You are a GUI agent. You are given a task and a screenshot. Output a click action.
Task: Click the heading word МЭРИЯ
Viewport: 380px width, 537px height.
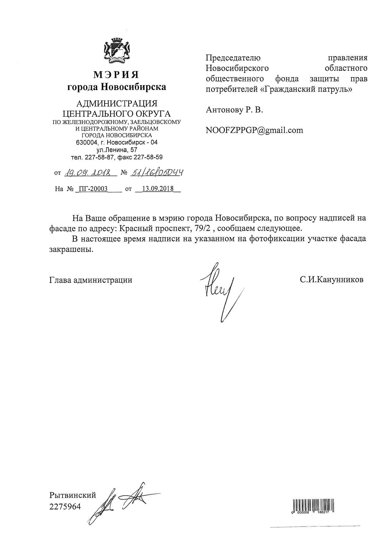(116, 74)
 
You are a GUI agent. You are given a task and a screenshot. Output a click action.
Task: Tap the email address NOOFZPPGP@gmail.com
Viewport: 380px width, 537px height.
(254, 130)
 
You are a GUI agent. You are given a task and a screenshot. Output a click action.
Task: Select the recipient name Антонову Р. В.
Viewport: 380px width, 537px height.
(234, 110)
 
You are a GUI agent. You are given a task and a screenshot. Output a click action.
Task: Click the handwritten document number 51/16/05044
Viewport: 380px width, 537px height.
(157, 173)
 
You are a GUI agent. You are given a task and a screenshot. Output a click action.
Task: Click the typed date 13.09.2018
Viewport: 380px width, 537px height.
(158, 189)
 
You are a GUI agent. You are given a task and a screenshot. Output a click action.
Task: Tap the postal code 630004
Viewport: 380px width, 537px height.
(87, 143)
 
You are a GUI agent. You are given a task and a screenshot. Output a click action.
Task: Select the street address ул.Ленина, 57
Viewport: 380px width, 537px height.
(116, 150)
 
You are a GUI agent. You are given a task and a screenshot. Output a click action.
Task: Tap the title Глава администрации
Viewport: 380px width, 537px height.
(91, 280)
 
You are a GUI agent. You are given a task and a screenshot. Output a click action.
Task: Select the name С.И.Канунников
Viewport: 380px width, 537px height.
(332, 280)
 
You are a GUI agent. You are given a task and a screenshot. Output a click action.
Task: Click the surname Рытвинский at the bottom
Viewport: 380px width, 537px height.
(73, 495)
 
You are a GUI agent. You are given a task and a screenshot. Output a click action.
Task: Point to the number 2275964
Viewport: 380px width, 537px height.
(65, 507)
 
